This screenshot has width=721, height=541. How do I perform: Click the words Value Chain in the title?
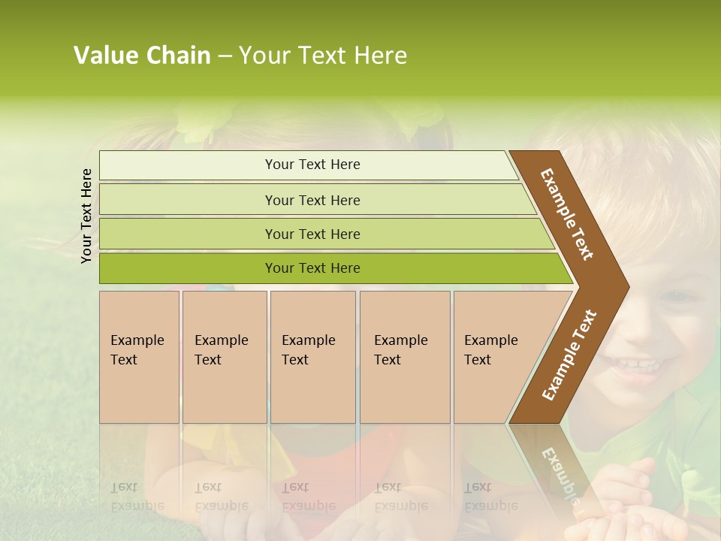(x=142, y=56)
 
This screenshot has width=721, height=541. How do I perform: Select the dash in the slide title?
(x=225, y=56)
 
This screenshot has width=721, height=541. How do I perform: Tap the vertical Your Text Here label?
(x=86, y=216)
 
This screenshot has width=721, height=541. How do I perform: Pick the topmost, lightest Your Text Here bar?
(x=312, y=165)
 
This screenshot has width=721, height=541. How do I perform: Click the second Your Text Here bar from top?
(x=312, y=200)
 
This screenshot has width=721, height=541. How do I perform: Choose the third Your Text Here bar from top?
(x=312, y=234)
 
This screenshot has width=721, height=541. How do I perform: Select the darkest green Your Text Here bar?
(x=312, y=268)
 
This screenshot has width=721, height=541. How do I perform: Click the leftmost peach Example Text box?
(x=139, y=356)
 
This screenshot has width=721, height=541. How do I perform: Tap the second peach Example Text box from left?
(x=224, y=356)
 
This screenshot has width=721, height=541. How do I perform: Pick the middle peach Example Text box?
(x=312, y=356)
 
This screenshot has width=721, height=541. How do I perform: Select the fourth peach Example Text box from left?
(x=405, y=356)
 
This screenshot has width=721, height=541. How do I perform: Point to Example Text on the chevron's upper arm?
(x=567, y=215)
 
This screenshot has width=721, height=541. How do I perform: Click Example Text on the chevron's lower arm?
(x=569, y=355)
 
